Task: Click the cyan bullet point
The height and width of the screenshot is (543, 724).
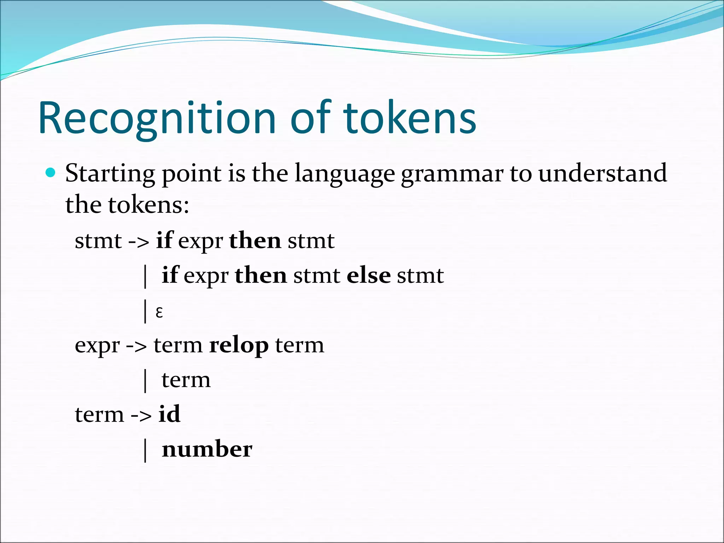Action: coord(51,173)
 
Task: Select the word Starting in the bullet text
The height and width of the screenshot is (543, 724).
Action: coord(110,174)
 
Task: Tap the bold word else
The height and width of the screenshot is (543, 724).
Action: coord(368,275)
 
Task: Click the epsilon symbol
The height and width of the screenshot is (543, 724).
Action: coord(159,312)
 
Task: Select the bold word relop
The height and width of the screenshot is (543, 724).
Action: coord(239,345)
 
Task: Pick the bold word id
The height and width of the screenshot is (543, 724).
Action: coord(169,414)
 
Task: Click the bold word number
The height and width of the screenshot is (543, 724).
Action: coord(207,449)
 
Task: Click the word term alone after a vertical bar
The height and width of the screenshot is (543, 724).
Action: coord(186,380)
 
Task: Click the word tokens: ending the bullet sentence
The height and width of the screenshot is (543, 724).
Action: coord(148,205)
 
